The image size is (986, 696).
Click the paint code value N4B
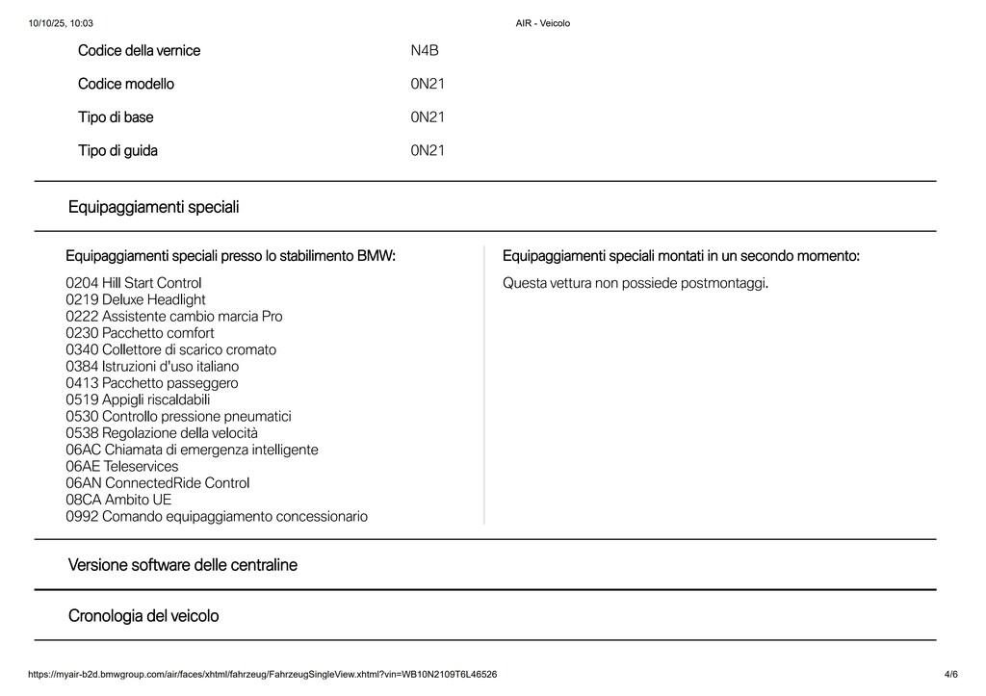[425, 50]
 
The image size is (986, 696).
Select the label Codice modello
[126, 84]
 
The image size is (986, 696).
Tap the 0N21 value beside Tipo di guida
[428, 150]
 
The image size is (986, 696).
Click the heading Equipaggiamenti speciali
[154, 207]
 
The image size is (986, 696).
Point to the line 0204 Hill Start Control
[134, 283]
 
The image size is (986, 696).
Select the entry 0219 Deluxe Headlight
[136, 299]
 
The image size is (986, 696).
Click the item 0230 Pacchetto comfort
[140, 333]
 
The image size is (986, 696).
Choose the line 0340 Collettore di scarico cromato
[170, 349]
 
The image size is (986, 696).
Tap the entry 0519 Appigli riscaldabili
[138, 400]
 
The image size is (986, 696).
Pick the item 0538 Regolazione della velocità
[162, 433]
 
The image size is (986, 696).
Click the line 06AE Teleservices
[122, 466]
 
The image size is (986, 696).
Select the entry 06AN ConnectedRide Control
[158, 482]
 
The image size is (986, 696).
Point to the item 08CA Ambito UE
[118, 500]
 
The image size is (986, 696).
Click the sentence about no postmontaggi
[636, 283]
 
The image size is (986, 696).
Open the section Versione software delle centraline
[183, 565]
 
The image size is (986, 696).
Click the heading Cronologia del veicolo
[143, 615]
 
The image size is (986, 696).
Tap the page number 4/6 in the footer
[951, 674]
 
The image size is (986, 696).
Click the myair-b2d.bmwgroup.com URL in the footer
[263, 674]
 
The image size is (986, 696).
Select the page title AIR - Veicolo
[543, 23]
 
